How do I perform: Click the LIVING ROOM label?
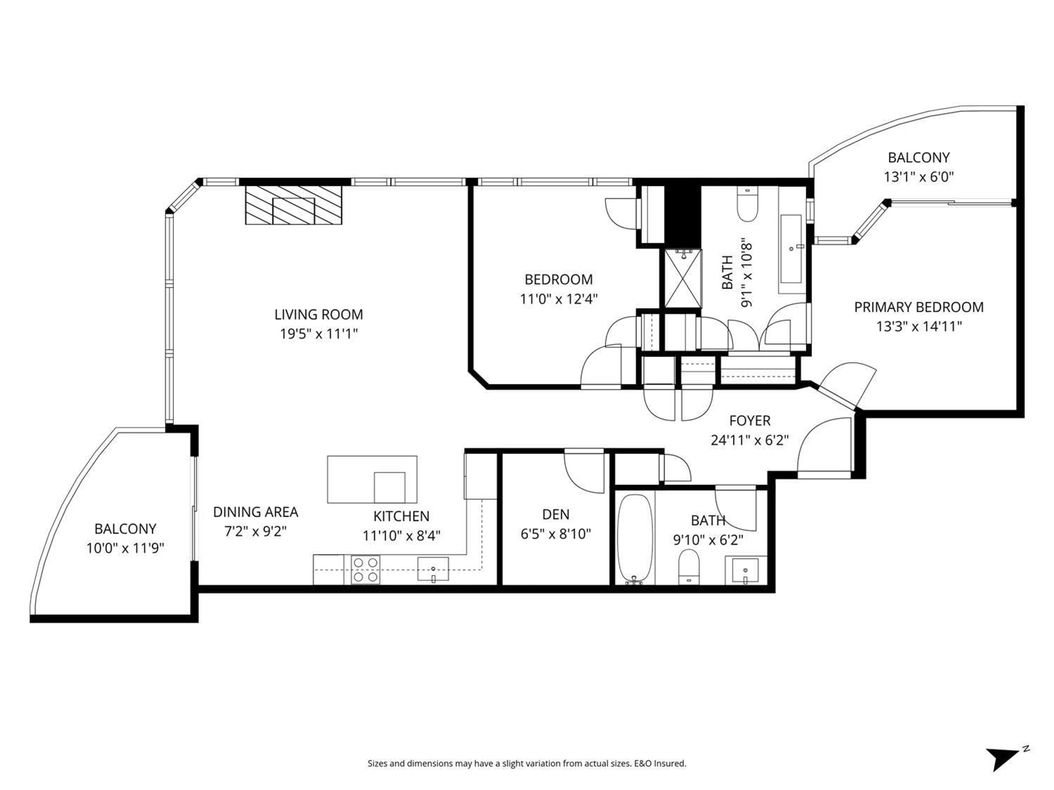point(318,314)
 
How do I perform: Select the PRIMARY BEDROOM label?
point(918,307)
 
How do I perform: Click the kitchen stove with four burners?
point(366,569)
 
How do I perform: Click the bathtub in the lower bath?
point(634,538)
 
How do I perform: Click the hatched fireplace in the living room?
point(293,205)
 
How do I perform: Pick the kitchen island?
point(372,479)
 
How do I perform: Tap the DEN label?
point(556,514)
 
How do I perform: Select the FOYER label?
point(750,421)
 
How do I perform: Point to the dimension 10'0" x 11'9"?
point(125,548)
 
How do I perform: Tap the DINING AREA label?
point(255,512)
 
